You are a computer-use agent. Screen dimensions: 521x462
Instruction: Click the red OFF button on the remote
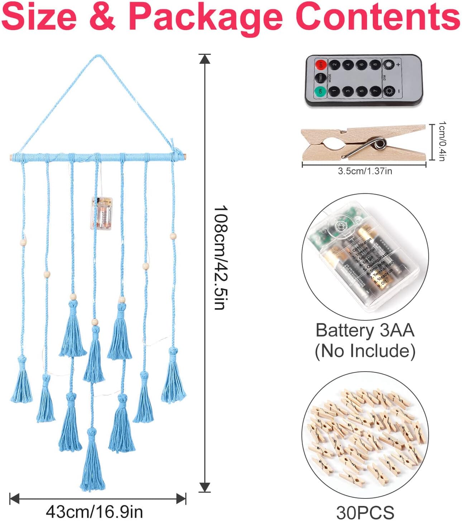(321, 65)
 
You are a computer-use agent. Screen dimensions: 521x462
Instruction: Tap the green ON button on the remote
(320, 91)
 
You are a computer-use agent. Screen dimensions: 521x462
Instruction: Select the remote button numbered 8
(375, 65)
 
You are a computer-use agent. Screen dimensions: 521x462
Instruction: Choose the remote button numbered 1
(334, 91)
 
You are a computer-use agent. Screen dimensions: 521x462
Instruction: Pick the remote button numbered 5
(361, 91)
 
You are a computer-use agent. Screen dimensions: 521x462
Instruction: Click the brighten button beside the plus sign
(389, 65)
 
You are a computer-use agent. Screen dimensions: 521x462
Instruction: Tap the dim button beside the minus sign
(389, 91)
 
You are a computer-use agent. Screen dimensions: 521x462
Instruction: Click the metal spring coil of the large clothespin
(380, 144)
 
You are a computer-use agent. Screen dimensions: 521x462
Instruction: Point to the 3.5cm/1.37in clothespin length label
(365, 171)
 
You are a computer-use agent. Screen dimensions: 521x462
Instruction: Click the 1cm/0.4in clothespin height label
(442, 141)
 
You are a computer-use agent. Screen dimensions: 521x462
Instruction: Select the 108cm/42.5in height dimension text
(219, 257)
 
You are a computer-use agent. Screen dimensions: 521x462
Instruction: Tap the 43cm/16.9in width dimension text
(94, 512)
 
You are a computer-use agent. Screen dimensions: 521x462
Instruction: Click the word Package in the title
(205, 17)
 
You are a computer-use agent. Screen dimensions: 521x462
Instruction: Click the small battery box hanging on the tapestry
(101, 213)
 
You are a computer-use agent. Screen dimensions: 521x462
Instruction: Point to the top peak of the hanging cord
(98, 56)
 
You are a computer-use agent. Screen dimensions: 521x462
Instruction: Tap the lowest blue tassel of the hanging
(92, 462)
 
